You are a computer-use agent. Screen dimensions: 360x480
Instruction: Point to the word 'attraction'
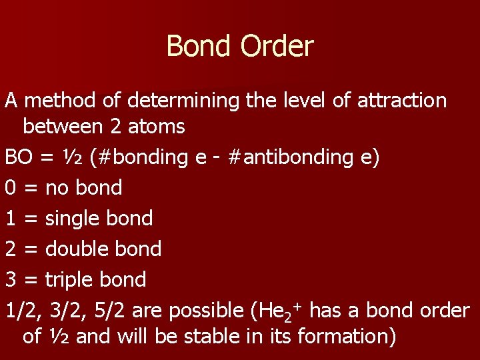click(402, 101)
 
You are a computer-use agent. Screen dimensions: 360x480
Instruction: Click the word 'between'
click(61, 125)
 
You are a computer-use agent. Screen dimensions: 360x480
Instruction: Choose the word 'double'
click(75, 249)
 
